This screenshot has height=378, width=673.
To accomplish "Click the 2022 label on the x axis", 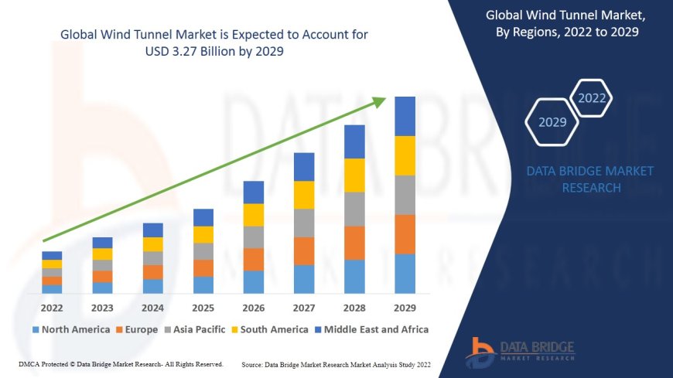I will (52, 308).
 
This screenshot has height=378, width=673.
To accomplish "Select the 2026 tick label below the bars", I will (254, 308).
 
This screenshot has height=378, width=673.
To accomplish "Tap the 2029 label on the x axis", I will (405, 308).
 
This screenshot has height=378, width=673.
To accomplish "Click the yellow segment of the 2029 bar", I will (405, 155).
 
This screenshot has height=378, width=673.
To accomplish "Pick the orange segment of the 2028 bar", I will (354, 243).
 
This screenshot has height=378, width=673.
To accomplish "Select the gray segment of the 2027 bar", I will (304, 223).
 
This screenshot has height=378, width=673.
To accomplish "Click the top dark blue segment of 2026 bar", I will (254, 192).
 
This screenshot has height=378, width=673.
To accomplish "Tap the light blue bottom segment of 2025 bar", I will (203, 285).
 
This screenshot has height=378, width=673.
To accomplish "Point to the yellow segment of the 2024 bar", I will (153, 244).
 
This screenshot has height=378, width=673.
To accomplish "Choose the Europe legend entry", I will (140, 329).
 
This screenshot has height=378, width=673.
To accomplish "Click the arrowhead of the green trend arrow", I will (380, 101).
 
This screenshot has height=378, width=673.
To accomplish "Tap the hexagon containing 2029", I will (552, 122).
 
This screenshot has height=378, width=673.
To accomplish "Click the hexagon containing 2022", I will (593, 98).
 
